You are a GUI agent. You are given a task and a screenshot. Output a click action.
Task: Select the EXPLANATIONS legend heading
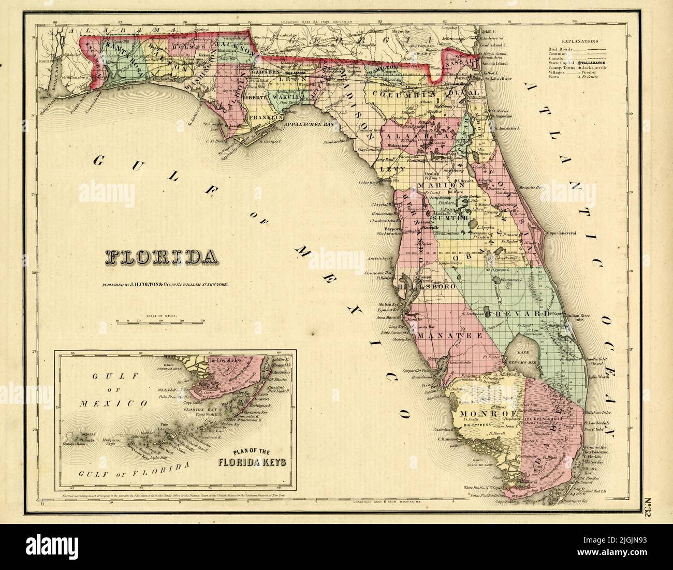click(x=580, y=40)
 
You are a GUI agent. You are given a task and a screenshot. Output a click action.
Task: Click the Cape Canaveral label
click(x=559, y=233)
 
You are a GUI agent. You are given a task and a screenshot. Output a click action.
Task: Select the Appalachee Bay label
click(x=305, y=125)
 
